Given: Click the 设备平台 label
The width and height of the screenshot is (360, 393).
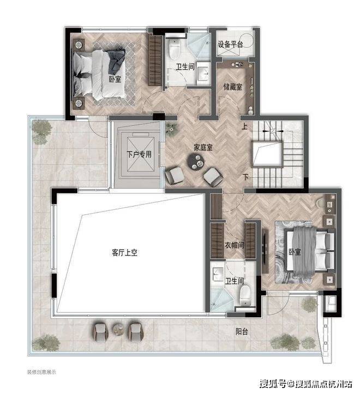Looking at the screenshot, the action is click(x=230, y=44).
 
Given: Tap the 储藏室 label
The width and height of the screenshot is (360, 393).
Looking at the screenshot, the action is click(x=233, y=87).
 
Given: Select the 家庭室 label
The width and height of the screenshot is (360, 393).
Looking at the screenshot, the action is click(x=203, y=147).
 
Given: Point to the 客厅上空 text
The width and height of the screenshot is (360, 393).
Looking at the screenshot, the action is click(x=125, y=252).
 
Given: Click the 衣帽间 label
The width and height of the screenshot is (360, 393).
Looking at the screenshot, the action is click(x=235, y=245).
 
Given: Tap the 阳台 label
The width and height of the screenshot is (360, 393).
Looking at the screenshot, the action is click(x=242, y=331).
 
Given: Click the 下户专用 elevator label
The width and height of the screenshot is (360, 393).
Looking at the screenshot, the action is click(x=139, y=154).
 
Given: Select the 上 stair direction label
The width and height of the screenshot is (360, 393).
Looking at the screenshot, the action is click(x=244, y=126).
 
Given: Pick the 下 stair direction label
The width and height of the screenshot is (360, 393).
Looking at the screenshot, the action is click(x=245, y=178).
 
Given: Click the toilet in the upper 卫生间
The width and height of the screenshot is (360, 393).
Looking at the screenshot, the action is click(x=175, y=49).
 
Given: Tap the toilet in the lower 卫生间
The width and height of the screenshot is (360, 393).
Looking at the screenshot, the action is click(x=245, y=296).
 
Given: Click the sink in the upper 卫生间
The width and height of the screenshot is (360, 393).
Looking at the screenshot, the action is click(x=203, y=74).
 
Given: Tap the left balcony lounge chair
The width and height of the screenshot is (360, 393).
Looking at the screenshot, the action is click(x=100, y=331).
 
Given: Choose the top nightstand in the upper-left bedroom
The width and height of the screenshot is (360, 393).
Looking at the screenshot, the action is click(x=79, y=45).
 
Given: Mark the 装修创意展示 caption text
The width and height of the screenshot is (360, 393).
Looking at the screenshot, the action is click(x=41, y=372).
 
